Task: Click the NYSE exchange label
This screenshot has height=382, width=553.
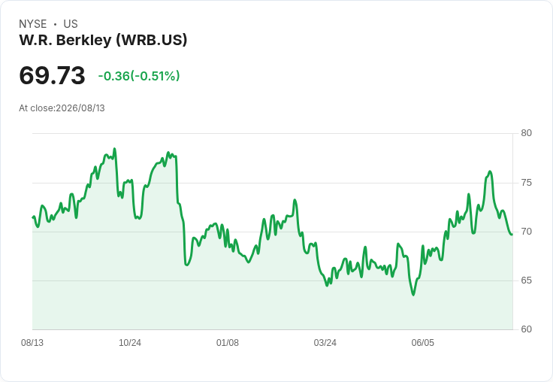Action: coord(33,24)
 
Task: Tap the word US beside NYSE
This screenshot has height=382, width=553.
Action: coord(71,24)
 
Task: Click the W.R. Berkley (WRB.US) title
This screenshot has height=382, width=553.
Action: coord(103,40)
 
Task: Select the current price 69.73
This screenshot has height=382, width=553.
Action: coord(52,75)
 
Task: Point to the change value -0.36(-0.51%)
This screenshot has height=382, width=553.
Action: coord(139,76)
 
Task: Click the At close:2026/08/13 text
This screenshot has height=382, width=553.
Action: coord(62,108)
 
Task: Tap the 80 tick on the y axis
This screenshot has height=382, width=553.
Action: coord(526,133)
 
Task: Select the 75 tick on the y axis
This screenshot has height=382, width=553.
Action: coord(526,183)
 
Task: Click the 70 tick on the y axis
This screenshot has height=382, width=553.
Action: coord(526,232)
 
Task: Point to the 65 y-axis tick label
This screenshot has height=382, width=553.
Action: coord(526,280)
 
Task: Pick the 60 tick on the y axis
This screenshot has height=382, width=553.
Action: coord(526,329)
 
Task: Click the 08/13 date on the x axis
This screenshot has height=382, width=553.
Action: coord(32,342)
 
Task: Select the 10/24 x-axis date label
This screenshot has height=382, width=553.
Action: coord(130,342)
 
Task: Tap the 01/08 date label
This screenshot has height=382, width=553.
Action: coord(228,342)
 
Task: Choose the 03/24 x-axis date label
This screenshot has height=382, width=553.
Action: coord(325,342)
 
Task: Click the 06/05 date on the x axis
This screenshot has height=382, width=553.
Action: coord(422,342)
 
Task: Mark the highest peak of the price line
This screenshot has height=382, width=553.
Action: coord(114,149)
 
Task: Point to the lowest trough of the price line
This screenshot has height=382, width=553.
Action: coord(413,295)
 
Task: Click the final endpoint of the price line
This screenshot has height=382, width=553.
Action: coord(512,235)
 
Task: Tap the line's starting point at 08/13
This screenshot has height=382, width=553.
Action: coord(33,217)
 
